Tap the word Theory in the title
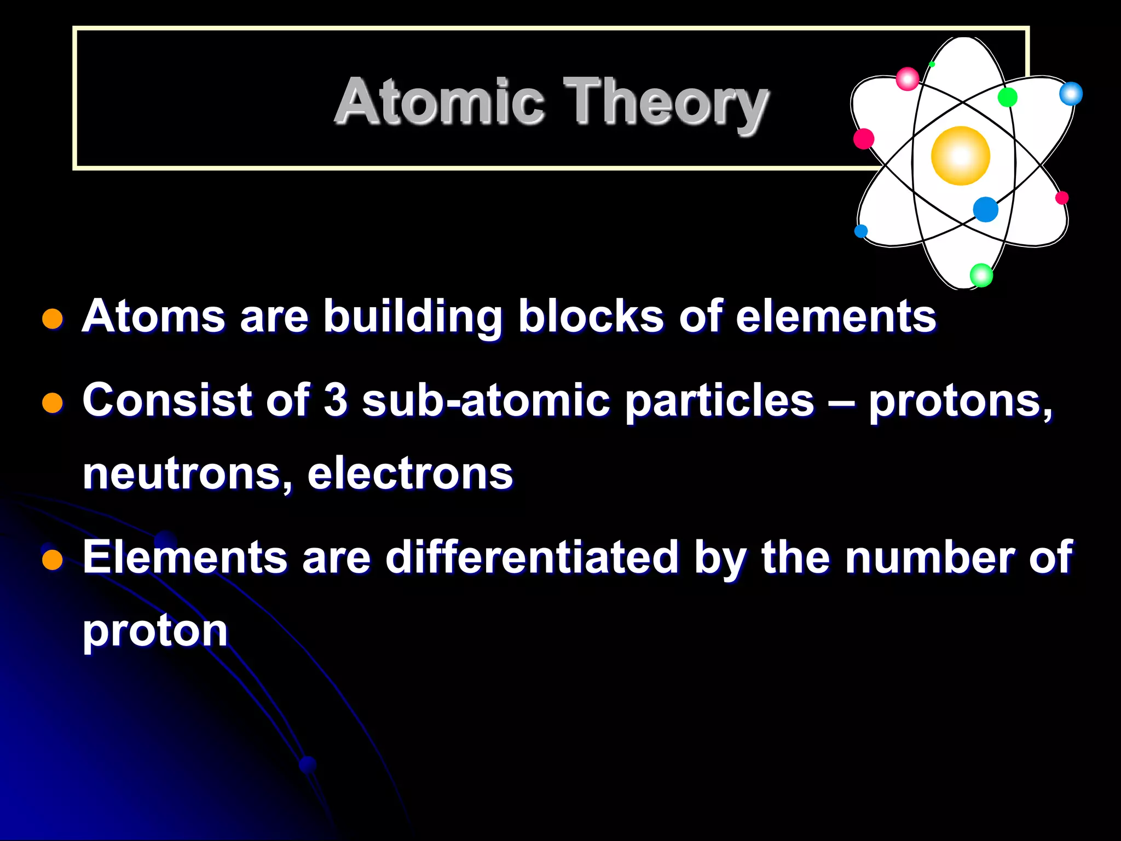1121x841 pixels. (665, 103)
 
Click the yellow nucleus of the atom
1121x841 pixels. (960, 155)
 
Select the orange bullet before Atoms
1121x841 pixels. (53, 319)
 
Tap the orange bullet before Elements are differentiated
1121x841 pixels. (53, 560)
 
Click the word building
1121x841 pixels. (412, 318)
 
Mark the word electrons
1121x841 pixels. (410, 474)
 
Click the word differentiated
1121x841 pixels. (532, 557)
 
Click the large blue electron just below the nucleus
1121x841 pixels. (985, 209)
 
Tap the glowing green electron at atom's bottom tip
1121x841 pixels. (981, 275)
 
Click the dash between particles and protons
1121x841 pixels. (841, 401)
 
